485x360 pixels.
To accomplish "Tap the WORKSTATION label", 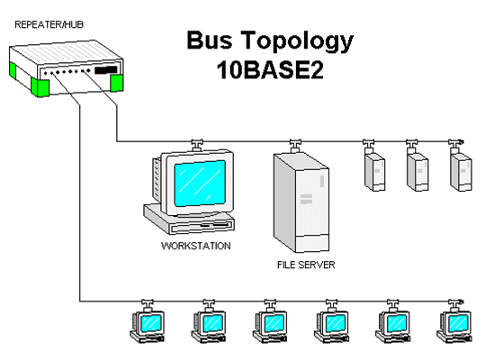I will (x=195, y=245).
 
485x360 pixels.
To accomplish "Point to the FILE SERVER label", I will (x=305, y=266).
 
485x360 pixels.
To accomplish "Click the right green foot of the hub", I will (x=115, y=82).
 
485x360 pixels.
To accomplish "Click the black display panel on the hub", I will (x=106, y=69).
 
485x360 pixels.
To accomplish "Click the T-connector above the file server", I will (x=294, y=142).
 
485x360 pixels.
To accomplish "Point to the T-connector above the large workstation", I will (x=194, y=142).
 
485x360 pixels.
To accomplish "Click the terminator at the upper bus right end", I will (x=461, y=141).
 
